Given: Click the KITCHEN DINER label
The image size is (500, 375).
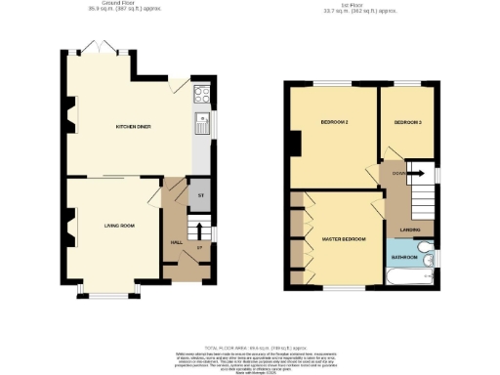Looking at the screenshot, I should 132,127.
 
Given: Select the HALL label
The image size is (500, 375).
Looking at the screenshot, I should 177,242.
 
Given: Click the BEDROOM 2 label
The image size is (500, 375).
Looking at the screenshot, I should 335,122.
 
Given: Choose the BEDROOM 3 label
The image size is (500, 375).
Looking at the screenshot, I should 407,122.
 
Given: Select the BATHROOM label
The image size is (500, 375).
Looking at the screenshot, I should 404,258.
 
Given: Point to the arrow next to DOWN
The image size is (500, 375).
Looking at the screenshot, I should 412,173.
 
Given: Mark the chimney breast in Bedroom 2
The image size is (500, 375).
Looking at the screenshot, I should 294,143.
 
